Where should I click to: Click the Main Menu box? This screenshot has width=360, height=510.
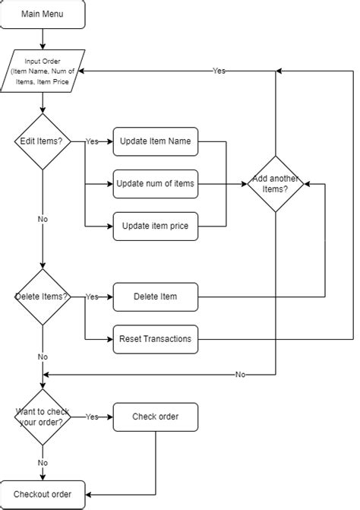coord(43,14)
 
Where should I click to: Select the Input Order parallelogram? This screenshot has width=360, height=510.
coord(43,71)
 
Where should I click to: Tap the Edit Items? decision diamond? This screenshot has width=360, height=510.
coord(43,141)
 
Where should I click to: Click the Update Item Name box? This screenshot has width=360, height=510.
coord(155,141)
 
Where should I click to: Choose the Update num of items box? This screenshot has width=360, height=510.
coord(155,183)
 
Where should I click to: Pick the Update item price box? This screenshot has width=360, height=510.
coord(155,226)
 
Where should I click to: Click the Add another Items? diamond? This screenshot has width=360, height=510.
coord(275,184)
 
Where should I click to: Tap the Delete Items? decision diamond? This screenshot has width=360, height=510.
coord(43,296)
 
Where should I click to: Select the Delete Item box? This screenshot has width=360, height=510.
coord(155,296)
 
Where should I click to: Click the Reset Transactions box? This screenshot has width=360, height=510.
coord(155,338)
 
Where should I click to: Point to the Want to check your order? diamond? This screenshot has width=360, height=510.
coord(43,417)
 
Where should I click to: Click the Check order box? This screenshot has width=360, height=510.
coord(155,417)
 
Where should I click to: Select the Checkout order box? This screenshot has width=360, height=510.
coord(43,494)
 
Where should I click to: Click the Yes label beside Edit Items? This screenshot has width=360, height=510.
coord(92,141)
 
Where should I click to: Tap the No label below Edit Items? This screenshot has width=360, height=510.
coord(43,219)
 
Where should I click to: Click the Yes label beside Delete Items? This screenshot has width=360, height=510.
coord(92,296)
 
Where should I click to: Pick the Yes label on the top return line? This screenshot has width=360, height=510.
coord(219,71)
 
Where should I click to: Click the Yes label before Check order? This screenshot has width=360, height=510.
coord(92,417)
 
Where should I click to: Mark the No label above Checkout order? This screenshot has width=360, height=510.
coord(43,462)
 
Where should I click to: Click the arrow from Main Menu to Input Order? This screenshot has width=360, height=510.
coord(43,38)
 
